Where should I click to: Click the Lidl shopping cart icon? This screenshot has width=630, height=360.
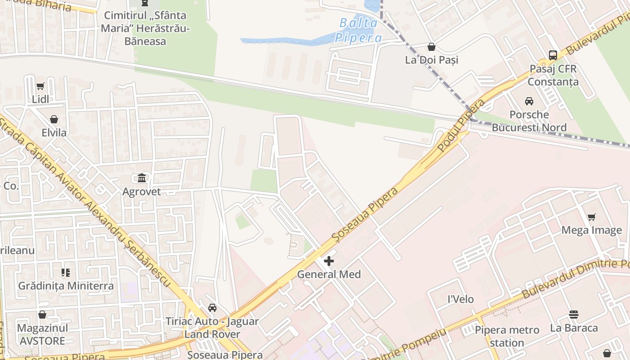click(40, 86)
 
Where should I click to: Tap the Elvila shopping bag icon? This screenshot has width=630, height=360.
click(54, 119)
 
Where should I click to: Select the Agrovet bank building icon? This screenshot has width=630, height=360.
click(142, 178)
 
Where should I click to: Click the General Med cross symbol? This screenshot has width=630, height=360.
click(329, 261)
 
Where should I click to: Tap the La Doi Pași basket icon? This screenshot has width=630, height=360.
click(431, 46)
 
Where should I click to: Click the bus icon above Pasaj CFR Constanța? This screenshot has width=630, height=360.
click(553, 55)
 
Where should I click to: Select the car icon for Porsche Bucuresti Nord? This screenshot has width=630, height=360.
click(529, 101)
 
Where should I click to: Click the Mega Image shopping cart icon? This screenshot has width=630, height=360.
click(591, 217)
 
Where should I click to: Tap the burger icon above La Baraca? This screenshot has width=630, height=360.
click(574, 314)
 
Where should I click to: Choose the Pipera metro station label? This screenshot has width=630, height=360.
click(507, 336)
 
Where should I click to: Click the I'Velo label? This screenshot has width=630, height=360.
click(460, 299)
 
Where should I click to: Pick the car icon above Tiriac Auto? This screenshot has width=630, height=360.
click(212, 308)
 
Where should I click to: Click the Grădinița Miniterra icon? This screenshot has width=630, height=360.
click(66, 273)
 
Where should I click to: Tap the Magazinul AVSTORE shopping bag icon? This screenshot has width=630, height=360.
click(42, 315)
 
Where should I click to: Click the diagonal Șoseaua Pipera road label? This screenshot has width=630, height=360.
click(364, 213)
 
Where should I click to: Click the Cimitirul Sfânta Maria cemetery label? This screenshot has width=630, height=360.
click(145, 28)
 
